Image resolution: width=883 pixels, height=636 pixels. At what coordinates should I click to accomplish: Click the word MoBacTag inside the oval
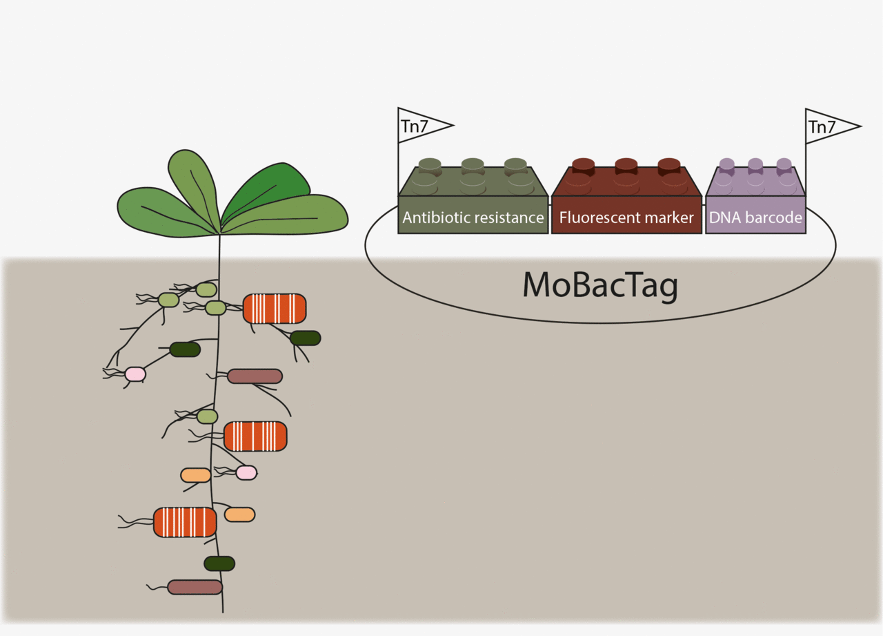click(x=600, y=285)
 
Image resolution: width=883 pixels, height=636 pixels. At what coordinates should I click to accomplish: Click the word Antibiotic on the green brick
click(x=434, y=218)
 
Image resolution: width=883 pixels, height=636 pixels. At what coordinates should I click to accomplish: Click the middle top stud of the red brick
click(x=626, y=165)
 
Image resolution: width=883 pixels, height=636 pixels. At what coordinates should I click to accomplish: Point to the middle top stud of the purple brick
click(x=755, y=165)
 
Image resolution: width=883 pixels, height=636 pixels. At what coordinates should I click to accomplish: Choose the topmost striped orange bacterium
click(x=275, y=309)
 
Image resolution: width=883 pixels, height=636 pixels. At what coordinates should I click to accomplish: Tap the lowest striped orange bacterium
click(x=185, y=522)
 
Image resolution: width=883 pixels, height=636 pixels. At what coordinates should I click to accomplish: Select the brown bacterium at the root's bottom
click(x=195, y=587)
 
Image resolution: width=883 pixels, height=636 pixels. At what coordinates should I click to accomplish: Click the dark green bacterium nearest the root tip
click(x=219, y=563)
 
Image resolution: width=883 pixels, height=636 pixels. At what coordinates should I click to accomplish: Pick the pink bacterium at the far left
click(x=135, y=374)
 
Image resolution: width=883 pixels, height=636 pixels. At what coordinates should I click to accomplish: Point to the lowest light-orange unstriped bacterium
click(x=239, y=514)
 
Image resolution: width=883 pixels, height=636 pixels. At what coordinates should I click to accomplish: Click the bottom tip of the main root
click(x=223, y=611)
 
